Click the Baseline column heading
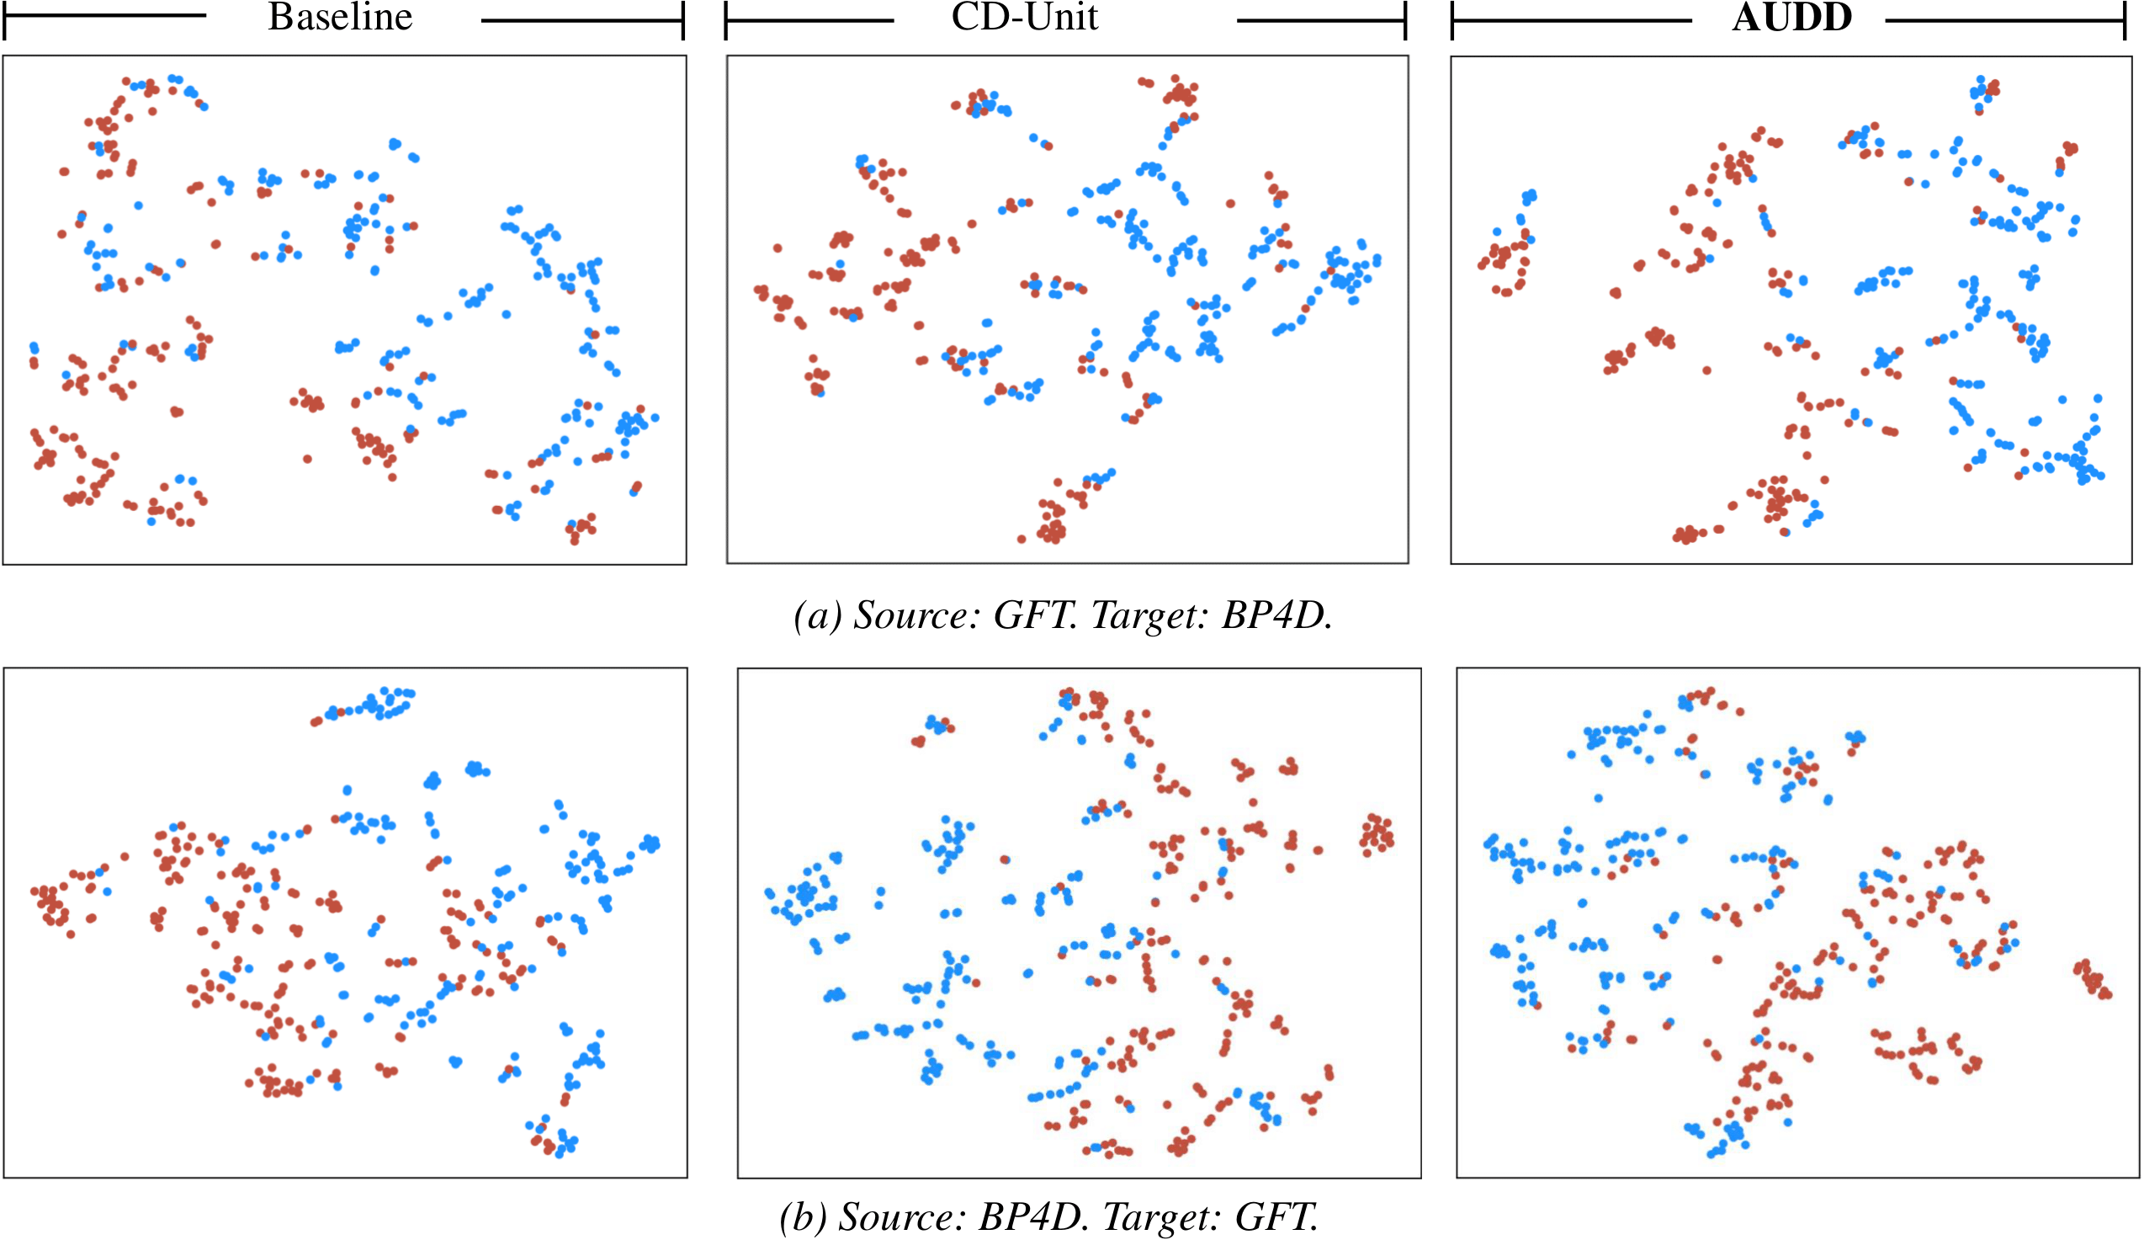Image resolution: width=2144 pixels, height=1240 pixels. click(340, 18)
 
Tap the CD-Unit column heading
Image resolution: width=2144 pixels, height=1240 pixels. click(1024, 18)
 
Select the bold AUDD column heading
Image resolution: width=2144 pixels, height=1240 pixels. click(1791, 18)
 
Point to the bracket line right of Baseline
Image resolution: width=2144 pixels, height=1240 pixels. click(583, 19)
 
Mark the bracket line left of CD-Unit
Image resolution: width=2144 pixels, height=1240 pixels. click(809, 19)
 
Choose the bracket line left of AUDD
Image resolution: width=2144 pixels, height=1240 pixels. click(1571, 19)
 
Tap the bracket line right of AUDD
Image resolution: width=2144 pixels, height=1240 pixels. click(2004, 19)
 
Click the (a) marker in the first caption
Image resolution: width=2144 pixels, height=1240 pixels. click(817, 615)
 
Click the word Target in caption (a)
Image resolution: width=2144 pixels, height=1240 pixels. click(1149, 615)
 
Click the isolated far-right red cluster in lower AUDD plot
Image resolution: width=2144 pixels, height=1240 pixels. click(2092, 980)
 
